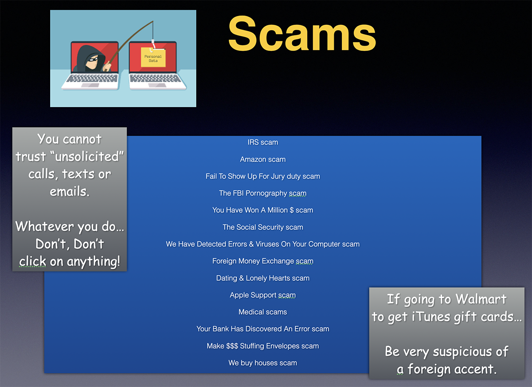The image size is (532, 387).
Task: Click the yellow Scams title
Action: pos(302,33)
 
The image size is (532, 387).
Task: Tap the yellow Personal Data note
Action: pos(153,58)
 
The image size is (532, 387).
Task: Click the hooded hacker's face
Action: pos(91,61)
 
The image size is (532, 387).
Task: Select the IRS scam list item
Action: pos(262,143)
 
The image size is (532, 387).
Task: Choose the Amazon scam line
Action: pos(262,159)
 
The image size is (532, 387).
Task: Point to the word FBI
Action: pos(238,193)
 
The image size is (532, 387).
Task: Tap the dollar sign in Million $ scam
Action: pos(292,210)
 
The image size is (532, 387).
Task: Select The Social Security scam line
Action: pos(262,227)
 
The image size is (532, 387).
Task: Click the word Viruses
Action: pos(267,244)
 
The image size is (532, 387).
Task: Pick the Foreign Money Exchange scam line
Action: pos(262,261)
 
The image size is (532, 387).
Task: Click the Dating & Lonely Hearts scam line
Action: pos(262,278)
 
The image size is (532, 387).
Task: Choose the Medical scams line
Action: pos(262,312)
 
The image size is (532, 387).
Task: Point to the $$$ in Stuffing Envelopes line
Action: pos(232,346)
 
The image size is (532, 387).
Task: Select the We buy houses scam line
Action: pos(262,363)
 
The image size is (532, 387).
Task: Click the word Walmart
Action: pos(481,299)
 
